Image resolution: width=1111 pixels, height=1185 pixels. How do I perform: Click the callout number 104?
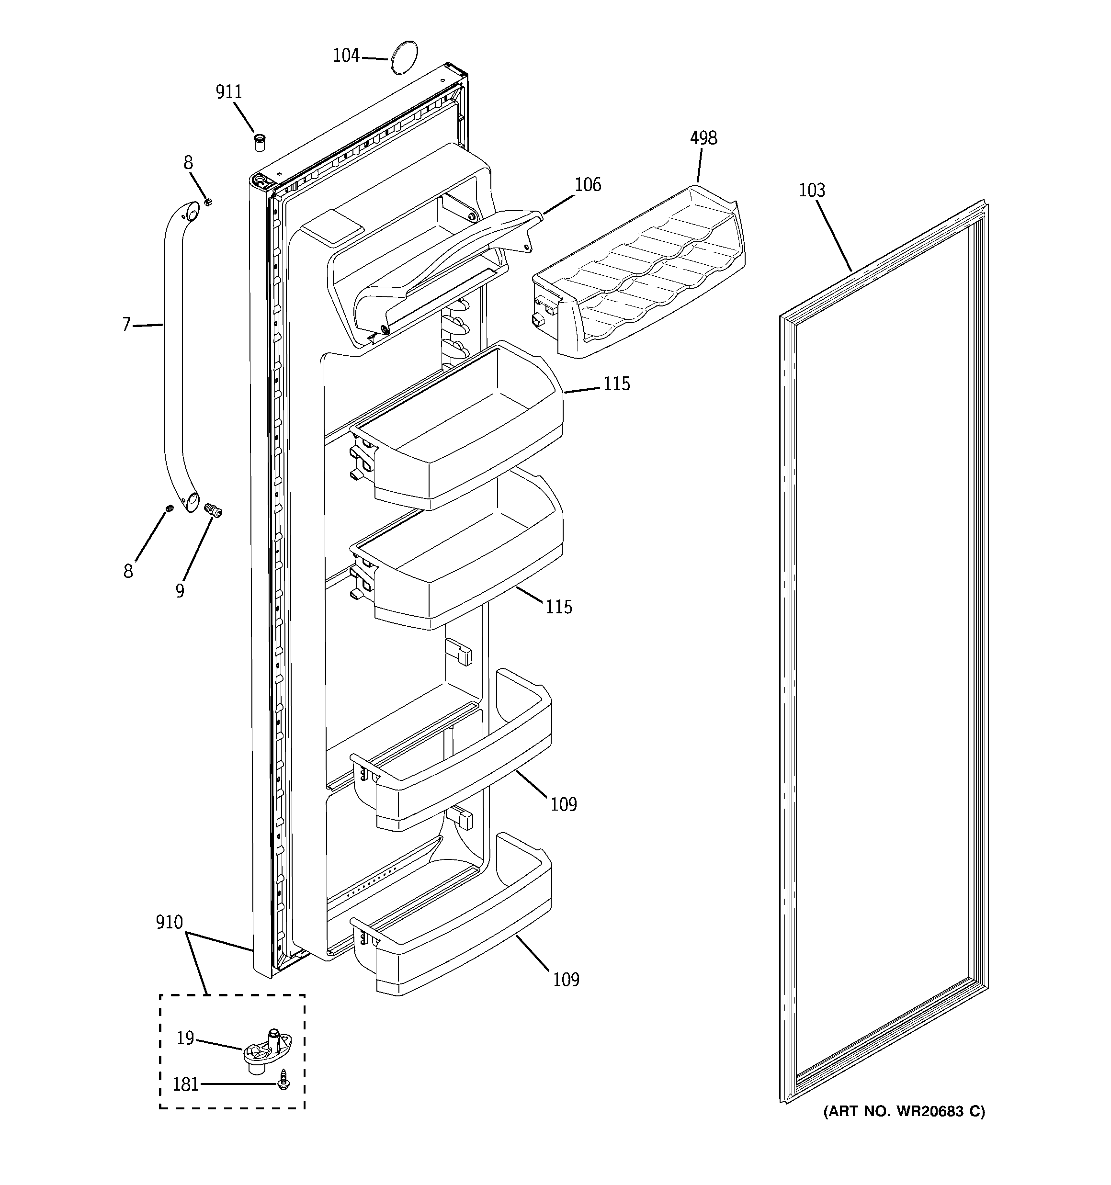346,56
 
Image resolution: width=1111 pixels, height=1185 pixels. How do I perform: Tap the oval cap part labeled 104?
403,57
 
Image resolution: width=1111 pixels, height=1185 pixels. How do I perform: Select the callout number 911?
228,92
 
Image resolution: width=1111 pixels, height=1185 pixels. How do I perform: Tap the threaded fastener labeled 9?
212,511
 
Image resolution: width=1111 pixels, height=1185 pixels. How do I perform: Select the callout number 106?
588,185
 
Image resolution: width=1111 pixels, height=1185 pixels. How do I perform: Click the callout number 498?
703,138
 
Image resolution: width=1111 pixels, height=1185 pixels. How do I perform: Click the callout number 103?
812,190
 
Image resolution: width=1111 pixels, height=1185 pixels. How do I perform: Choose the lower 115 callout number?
559,607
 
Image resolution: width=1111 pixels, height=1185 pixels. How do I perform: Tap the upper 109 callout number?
564,805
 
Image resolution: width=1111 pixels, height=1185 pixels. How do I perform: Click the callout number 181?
185,1084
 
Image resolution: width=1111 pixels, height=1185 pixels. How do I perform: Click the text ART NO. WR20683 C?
904,1111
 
